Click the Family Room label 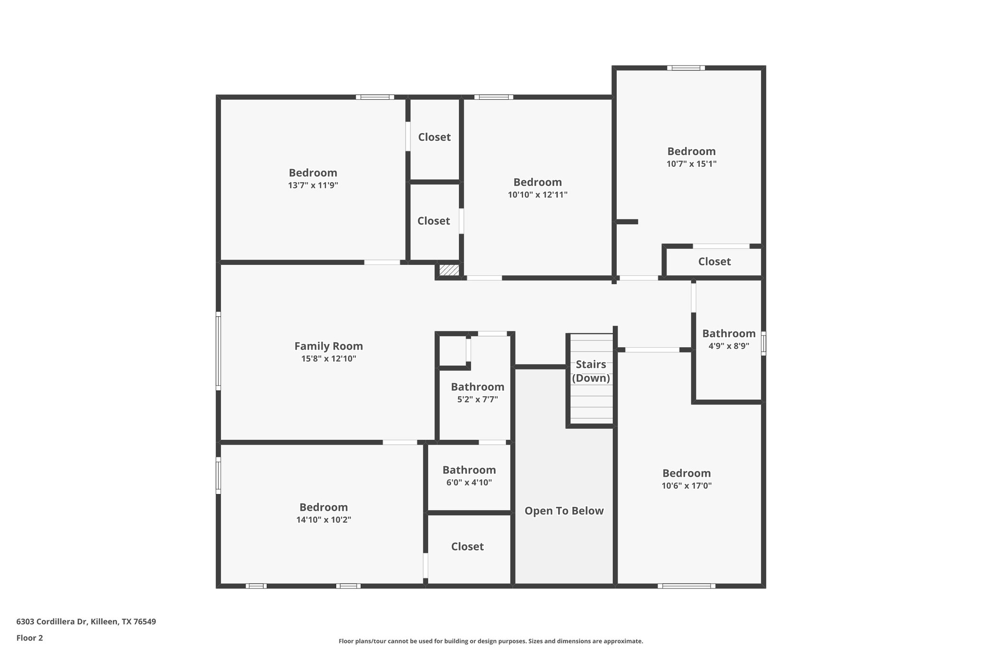(328, 346)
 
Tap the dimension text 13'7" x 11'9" (313, 185)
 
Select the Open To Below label (564, 511)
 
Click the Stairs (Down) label (591, 371)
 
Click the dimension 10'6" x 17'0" (687, 486)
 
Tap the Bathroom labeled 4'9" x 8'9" (728, 333)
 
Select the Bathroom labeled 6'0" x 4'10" (469, 470)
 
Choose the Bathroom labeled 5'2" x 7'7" (477, 387)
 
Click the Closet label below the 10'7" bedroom (714, 262)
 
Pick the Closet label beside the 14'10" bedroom (467, 547)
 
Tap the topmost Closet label (434, 137)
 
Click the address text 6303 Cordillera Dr (86, 621)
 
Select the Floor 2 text (30, 638)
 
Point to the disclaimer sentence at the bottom (491, 641)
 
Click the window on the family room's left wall (218, 351)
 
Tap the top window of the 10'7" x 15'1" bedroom (686, 68)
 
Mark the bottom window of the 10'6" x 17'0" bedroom (686, 585)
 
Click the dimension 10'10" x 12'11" (538, 195)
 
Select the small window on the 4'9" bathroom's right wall (763, 344)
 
